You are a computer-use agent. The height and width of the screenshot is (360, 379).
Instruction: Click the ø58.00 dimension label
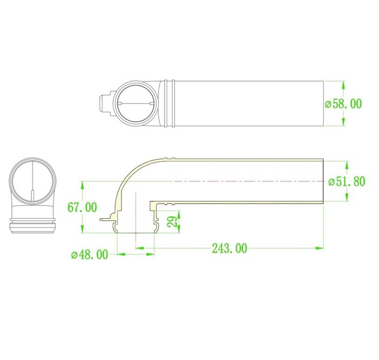point(343,104)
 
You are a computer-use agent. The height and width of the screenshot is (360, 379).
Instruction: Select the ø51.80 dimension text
point(347,182)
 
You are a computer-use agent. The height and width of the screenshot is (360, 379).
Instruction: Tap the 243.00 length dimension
point(230,248)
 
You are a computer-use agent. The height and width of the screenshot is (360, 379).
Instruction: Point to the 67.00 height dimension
point(82,207)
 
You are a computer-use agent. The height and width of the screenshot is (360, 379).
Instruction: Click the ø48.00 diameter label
point(89,254)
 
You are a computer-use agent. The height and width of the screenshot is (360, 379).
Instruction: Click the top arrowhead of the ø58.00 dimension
point(343,86)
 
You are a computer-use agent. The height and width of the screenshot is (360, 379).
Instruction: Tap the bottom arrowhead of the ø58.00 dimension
point(343,121)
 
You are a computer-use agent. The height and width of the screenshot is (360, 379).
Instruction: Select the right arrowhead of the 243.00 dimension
point(319,248)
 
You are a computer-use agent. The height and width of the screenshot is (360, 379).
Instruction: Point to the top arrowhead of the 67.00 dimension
point(82,185)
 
